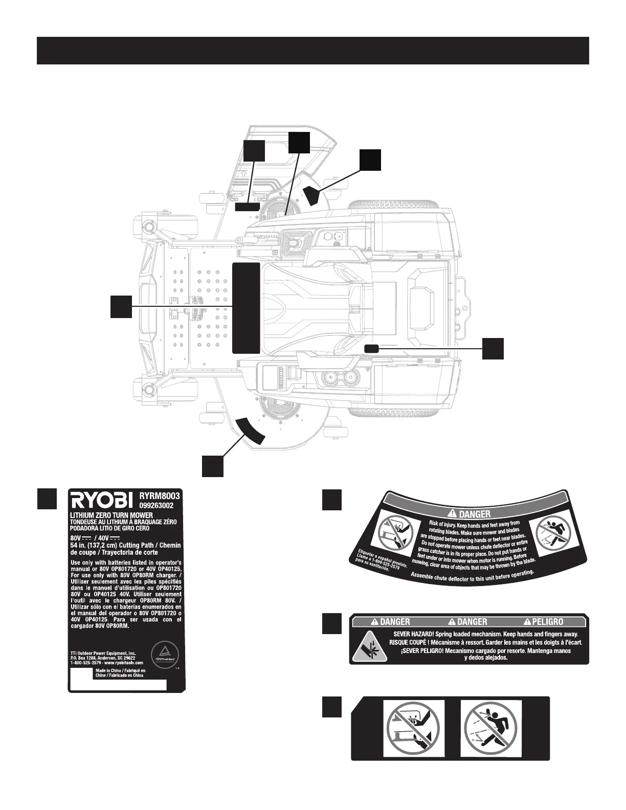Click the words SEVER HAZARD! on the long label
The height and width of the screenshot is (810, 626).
(423, 634)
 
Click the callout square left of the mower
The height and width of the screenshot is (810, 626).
(121, 306)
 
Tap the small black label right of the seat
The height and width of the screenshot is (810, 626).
(372, 349)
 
